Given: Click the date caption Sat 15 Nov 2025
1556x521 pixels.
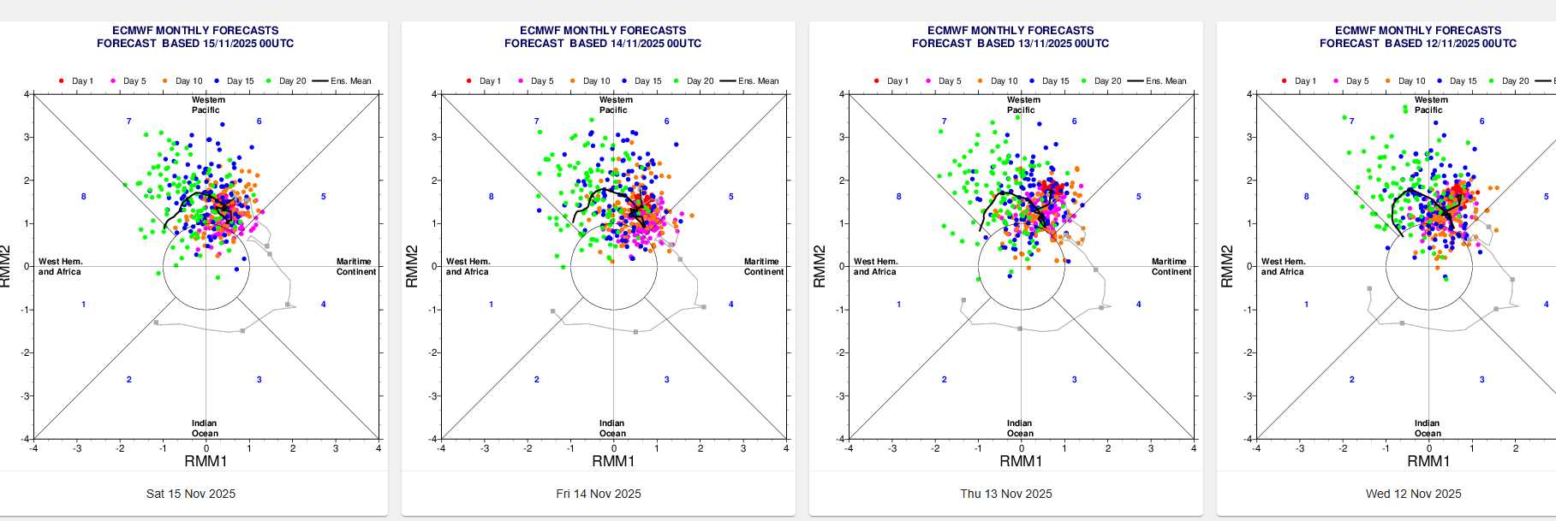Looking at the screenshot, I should click(190, 494).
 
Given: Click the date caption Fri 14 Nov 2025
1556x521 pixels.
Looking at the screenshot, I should click(598, 494).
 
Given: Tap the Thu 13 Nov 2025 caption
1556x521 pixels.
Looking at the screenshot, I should click(1005, 494).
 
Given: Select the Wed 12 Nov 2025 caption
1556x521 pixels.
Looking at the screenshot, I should click(1413, 494).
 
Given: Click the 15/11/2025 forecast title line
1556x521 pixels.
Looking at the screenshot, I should click(195, 44).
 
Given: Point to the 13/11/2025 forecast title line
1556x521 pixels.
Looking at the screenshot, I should click(1011, 44).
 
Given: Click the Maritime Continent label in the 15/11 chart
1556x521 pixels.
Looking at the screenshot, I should click(355, 267).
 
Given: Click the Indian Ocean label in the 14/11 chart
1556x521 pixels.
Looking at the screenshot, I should click(612, 429).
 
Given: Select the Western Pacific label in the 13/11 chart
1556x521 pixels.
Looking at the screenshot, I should click(1022, 105).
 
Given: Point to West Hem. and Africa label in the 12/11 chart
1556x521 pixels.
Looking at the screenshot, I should click(1282, 267).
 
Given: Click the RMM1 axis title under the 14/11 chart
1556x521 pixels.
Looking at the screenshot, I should click(613, 462).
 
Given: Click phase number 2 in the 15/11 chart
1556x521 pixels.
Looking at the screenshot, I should click(129, 380).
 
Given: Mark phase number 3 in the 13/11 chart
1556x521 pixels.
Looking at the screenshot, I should click(1074, 380).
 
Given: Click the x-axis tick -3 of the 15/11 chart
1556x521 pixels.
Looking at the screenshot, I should click(77, 448).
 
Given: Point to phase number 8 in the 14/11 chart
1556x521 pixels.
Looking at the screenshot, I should click(491, 197).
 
